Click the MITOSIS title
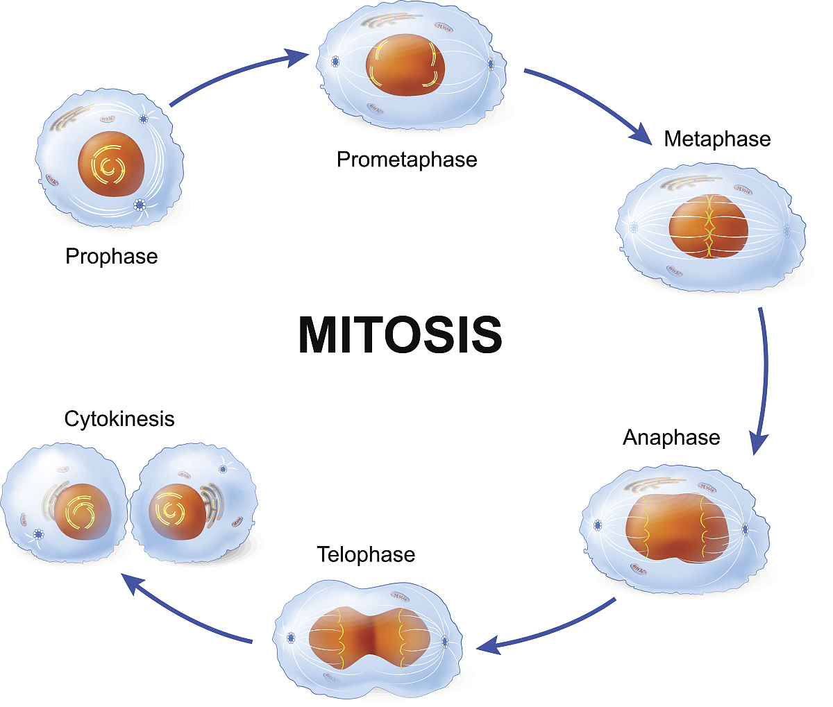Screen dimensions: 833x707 [x=400, y=335]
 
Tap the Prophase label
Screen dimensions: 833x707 [x=112, y=257]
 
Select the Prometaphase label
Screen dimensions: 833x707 [x=407, y=160]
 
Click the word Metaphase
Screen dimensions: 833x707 [x=717, y=139]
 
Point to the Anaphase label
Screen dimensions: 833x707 [x=671, y=438]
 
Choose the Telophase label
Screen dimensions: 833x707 [x=366, y=555]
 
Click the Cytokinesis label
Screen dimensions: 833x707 [x=119, y=419]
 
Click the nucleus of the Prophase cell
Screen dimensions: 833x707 [x=111, y=164]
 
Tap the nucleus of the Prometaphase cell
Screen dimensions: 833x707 [x=405, y=65]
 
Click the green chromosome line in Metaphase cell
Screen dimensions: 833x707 [x=709, y=226]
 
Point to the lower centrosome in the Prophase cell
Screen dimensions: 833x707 [x=140, y=205]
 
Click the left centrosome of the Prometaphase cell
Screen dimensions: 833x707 [x=335, y=62]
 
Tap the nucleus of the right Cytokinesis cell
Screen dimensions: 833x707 [x=177, y=512]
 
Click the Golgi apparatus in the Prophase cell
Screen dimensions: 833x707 [x=71, y=118]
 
